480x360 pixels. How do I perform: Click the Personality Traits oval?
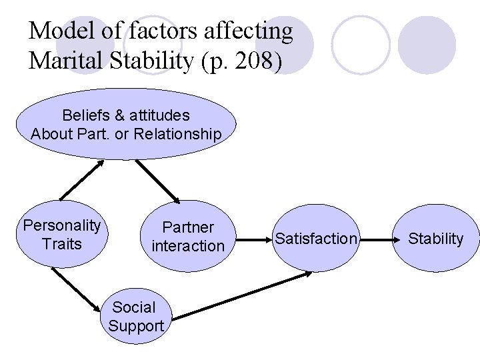tap(61, 234)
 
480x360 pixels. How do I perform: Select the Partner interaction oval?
tap(188, 237)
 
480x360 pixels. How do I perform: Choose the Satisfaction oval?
tap(316, 238)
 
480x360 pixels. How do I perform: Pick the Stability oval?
tap(435, 238)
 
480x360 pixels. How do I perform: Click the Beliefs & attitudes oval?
tap(126, 125)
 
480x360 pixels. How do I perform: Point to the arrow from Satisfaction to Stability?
tap(381, 237)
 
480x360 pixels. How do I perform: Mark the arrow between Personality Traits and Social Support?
tap(79, 288)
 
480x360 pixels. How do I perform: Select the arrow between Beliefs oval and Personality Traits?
tap(81, 180)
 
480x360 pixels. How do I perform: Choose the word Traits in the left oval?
tap(61, 243)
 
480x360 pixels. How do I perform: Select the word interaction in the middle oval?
tap(188, 246)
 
